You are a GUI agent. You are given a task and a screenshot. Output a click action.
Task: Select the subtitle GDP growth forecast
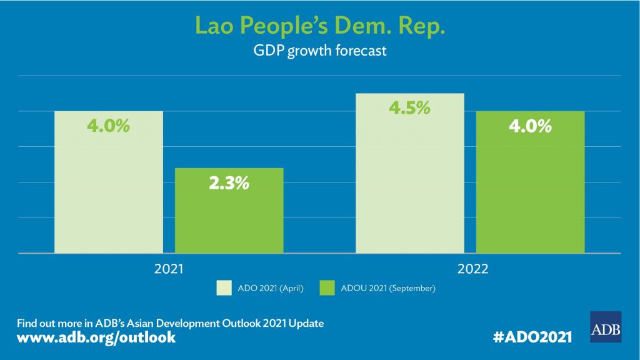pos(320,51)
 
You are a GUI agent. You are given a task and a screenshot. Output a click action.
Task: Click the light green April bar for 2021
pos(109,187)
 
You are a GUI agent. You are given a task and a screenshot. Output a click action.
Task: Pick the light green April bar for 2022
pos(410,181)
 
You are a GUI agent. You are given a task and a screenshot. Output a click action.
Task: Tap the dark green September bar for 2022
pos(530,187)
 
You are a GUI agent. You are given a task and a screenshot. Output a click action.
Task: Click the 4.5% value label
pos(410,107)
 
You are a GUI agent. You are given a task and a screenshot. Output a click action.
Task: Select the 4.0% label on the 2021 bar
pos(109,126)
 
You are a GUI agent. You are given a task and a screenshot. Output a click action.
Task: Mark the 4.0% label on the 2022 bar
pos(530,126)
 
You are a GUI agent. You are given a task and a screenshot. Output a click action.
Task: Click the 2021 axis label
pos(169,269)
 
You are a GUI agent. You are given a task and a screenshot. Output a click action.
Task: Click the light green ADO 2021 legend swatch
pos(224,288)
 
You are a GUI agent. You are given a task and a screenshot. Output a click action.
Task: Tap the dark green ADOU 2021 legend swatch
pos(327,288)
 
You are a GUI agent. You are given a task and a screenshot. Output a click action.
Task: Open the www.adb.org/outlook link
pos(96,337)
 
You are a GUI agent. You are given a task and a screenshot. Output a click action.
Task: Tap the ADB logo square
pos(606,327)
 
